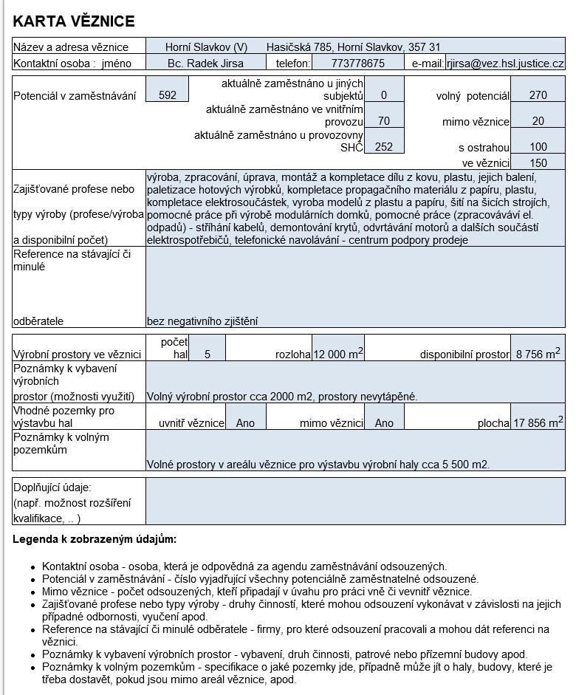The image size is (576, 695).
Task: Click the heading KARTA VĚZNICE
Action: [x=74, y=21]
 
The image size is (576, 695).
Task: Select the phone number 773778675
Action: [x=358, y=64]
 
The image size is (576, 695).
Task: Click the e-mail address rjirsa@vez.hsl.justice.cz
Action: [x=504, y=64]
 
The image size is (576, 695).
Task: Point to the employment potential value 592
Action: [x=168, y=95]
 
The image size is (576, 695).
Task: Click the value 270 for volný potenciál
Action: [x=538, y=95]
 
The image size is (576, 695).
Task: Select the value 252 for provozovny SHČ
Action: [x=384, y=147]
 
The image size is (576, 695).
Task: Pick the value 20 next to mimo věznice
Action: [x=538, y=121]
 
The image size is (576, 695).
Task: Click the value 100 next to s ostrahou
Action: [x=538, y=147]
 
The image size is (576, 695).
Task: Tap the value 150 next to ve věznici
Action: [x=538, y=162]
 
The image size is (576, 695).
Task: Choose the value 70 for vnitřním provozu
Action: [x=384, y=121]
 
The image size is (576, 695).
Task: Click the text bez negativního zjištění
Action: [x=202, y=321]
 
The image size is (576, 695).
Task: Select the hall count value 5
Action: [x=208, y=355]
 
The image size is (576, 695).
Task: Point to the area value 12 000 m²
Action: [x=337, y=354]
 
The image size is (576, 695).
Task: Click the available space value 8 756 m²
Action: [x=538, y=354]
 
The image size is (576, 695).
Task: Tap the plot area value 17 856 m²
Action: [x=538, y=422]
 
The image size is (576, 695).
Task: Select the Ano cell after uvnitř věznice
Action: [x=245, y=423]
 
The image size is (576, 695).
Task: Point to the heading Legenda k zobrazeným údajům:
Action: [x=95, y=539]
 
